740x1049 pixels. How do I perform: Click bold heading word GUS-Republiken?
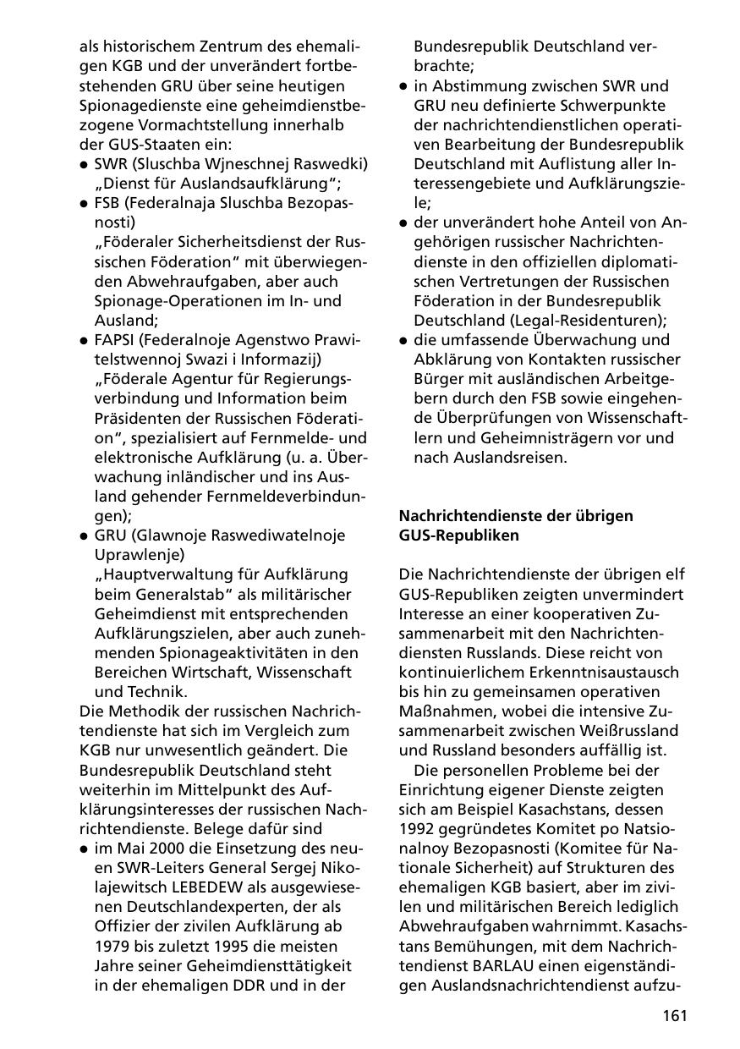[459, 535]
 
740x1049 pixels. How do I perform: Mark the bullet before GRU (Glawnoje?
[84, 535]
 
